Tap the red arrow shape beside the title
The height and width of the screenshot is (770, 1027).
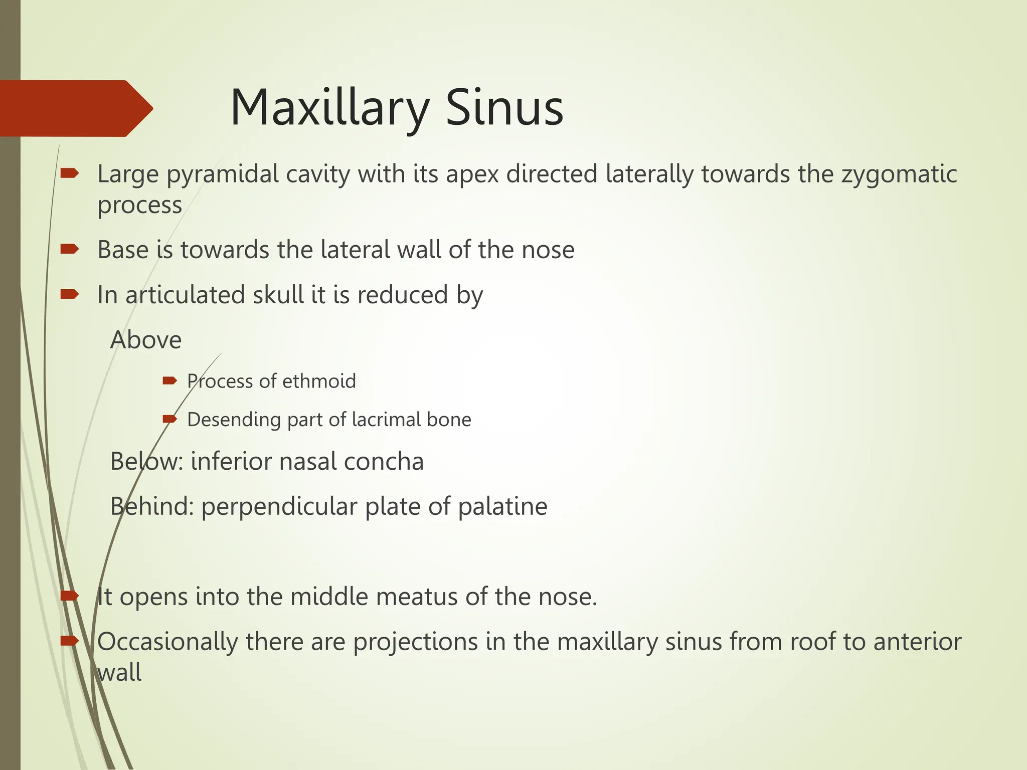75,108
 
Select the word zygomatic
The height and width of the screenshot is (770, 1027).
899,175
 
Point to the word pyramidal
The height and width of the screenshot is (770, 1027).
223,175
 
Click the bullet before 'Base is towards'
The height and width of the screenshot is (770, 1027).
69,249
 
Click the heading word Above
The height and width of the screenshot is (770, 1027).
145,340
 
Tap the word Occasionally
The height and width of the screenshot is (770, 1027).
167,642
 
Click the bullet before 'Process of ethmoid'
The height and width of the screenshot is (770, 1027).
170,381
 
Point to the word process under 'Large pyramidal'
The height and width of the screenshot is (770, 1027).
139,206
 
